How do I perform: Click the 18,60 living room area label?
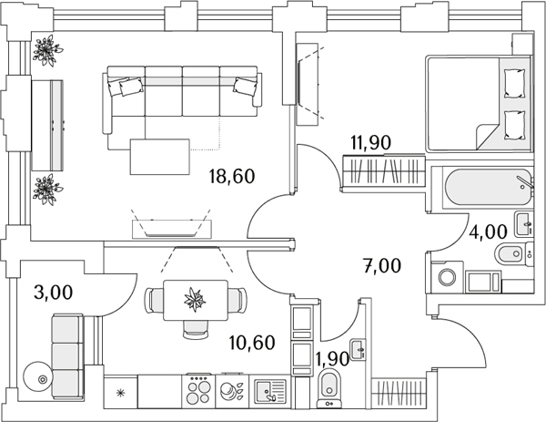coord(232,176)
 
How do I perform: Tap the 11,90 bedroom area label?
coord(371,142)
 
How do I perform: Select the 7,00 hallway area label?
coord(382,266)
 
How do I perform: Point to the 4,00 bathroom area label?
coord(488,232)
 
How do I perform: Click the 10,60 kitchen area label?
coord(252,343)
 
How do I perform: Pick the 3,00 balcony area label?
coord(54,293)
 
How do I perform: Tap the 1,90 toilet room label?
coord(332,358)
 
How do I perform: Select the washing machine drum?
coord(447,278)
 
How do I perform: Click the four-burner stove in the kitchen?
coord(198,391)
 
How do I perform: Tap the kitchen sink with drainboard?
coord(270,391)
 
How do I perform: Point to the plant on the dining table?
coord(195,299)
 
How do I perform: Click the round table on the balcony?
coord(37,378)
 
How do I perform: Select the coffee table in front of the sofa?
coord(160,157)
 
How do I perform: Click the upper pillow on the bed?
coord(515,84)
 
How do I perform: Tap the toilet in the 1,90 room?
coord(329,388)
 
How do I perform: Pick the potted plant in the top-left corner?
coord(47,50)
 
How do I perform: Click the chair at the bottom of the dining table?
coord(196,330)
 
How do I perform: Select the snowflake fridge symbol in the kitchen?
coord(120,394)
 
